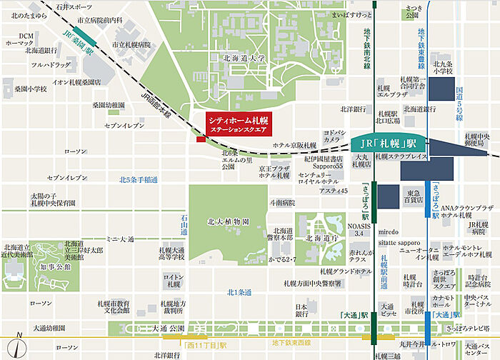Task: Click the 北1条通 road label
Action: pos(240,291)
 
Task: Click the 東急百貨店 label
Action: pos(412,196)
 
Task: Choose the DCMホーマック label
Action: pos(26,39)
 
